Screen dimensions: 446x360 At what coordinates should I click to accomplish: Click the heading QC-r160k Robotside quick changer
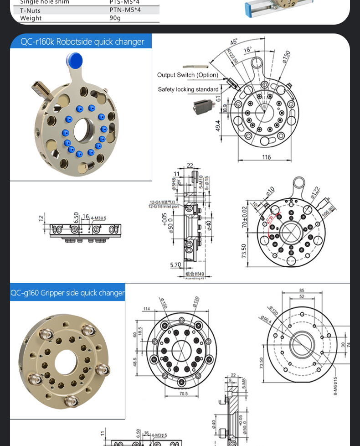(82, 42)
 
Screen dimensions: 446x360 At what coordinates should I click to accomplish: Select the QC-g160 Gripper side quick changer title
(67, 293)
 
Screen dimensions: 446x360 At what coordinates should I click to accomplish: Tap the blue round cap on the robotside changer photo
(74, 60)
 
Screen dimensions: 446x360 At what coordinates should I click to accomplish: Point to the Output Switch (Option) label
(188, 75)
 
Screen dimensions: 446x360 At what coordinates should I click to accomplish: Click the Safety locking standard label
(188, 89)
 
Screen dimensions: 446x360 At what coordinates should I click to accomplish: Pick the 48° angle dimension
(234, 42)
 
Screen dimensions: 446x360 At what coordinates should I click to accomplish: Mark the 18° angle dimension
(247, 50)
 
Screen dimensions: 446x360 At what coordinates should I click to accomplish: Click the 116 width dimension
(266, 157)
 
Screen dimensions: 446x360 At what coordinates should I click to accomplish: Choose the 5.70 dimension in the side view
(175, 264)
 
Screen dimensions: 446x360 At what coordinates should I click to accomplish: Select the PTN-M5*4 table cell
(125, 10)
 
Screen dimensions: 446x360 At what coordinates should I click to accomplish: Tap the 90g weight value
(115, 18)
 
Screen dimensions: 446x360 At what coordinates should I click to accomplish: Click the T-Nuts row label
(30, 10)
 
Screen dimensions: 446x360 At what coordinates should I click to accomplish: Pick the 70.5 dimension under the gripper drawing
(183, 394)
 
